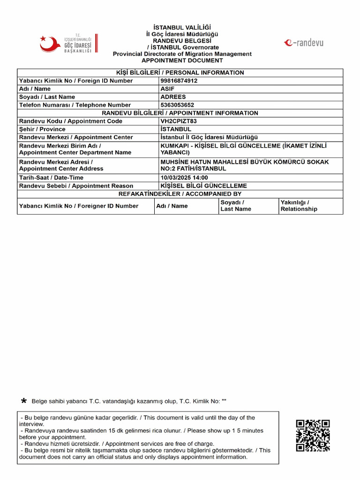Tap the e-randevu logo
(303, 43)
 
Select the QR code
(313, 435)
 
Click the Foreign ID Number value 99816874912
(179, 81)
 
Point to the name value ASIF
(168, 89)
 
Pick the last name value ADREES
(173, 97)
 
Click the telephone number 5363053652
(177, 105)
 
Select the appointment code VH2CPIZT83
(179, 121)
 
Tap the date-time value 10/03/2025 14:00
(184, 178)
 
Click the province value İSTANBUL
(176, 129)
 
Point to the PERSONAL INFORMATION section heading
(180, 73)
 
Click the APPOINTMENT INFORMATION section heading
(180, 113)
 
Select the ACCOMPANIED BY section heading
(180, 194)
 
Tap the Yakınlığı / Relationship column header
(299, 206)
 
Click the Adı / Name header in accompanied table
(172, 206)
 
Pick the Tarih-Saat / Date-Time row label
(51, 178)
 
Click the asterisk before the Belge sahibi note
(24, 401)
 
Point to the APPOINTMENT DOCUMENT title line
(182, 60)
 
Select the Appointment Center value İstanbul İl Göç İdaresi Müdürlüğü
(210, 137)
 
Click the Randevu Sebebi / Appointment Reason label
(76, 186)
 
